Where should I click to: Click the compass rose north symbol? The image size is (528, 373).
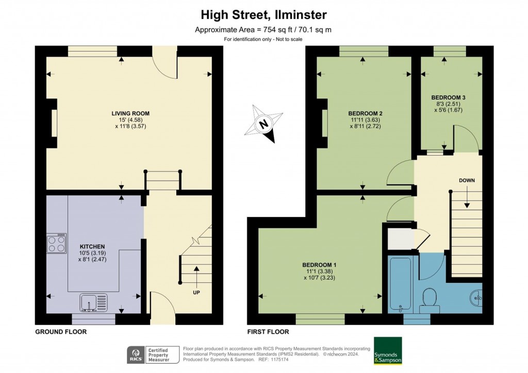coord(265,124)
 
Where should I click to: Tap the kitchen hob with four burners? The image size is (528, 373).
coord(56,243)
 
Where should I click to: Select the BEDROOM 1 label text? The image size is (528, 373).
coord(319,265)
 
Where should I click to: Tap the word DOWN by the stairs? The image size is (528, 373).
coord(467,180)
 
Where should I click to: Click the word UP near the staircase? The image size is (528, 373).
coord(196,292)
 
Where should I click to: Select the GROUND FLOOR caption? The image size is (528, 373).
coord(60,332)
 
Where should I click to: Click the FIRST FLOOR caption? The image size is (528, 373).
coord(268,332)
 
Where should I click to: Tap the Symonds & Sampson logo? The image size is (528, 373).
coord(387,351)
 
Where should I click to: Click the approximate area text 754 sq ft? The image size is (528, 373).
coord(263,29)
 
